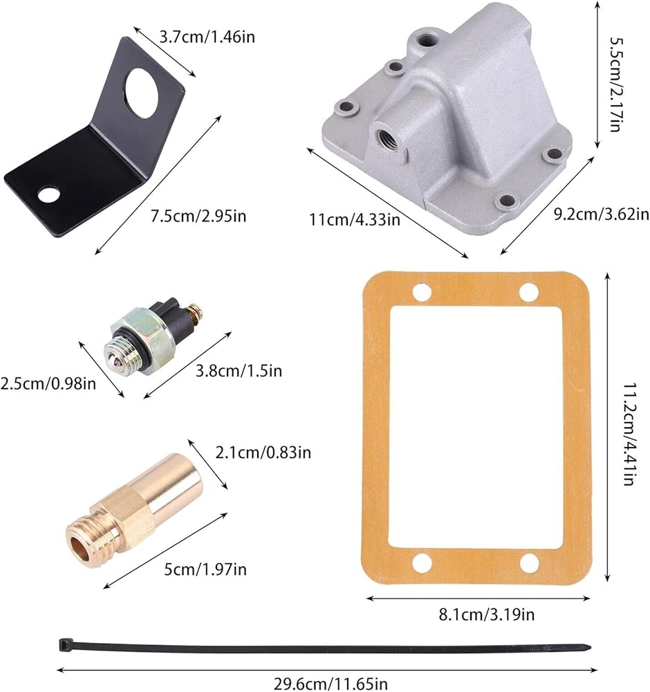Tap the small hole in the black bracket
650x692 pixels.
(x=48, y=194)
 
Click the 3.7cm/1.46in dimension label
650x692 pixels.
(x=207, y=37)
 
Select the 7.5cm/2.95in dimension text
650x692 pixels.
(x=198, y=216)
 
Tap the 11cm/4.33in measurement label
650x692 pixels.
(x=355, y=219)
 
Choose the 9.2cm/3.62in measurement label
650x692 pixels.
(x=602, y=214)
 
